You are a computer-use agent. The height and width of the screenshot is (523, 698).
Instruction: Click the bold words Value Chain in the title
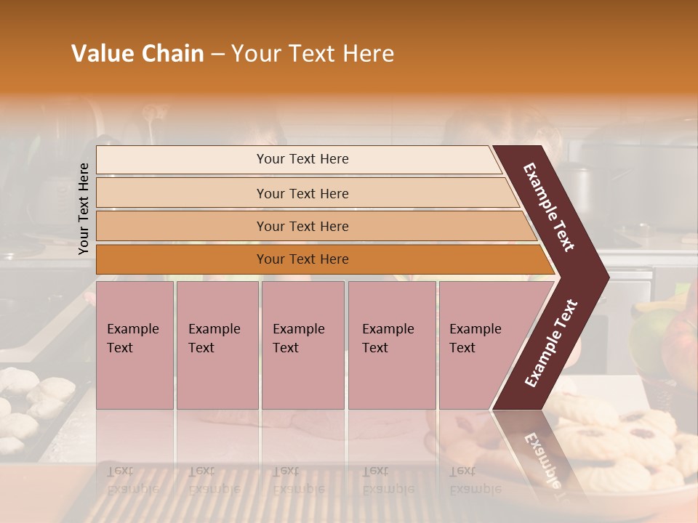[x=137, y=54]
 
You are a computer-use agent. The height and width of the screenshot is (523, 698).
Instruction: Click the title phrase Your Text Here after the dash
[x=313, y=54]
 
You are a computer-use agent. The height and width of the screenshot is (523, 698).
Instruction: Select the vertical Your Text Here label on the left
[x=84, y=208]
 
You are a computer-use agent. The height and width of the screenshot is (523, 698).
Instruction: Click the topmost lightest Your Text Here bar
[x=302, y=159]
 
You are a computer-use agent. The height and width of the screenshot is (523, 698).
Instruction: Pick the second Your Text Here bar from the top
[x=302, y=193]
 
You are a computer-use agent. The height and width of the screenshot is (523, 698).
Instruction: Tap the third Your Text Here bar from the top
[x=302, y=226]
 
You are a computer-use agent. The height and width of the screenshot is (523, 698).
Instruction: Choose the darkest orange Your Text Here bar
[x=302, y=259]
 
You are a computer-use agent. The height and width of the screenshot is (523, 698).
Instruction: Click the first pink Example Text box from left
[x=135, y=344]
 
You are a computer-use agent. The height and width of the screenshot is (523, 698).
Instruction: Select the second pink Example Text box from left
[x=217, y=344]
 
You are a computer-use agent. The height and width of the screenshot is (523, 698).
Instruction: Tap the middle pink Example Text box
[x=302, y=344]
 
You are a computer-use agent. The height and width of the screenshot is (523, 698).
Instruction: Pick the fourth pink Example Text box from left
[x=391, y=344]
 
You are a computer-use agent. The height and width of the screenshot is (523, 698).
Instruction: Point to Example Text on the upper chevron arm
[x=549, y=207]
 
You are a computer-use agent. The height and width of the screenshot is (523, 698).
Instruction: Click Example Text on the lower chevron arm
[x=551, y=343]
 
